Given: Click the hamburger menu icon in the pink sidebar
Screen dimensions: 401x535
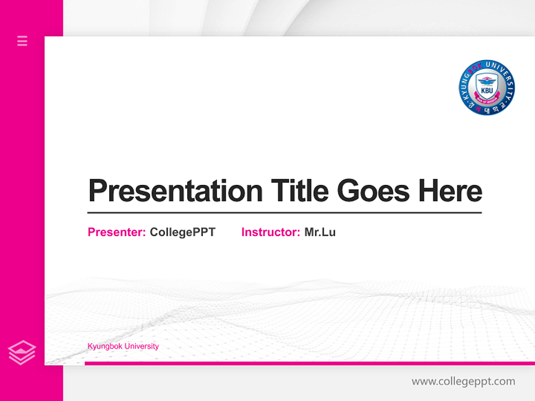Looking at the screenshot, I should click(x=22, y=41).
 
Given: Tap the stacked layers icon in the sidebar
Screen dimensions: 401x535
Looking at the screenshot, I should click(x=22, y=353).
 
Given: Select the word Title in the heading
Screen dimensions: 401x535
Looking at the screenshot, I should click(x=300, y=190).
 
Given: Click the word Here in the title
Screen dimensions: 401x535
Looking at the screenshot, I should click(x=450, y=190).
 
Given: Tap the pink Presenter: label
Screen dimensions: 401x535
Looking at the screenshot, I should click(x=116, y=232).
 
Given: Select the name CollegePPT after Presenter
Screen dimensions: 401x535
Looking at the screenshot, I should click(x=182, y=232).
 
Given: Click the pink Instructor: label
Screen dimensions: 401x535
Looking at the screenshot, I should click(x=270, y=232).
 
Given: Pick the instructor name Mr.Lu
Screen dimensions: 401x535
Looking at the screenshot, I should click(x=320, y=232).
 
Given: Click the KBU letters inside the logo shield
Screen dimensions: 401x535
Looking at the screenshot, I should click(x=487, y=90).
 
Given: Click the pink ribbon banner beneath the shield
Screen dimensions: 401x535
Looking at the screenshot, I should click(x=487, y=99).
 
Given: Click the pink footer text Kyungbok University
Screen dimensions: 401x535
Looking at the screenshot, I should click(x=123, y=346).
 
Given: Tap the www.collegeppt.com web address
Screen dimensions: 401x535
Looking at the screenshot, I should click(x=463, y=382).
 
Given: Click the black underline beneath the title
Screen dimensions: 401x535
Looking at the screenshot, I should click(x=284, y=212).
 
